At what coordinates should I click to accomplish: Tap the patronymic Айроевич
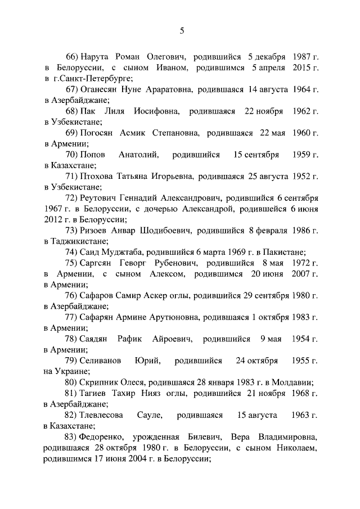pyautogui.click(x=172, y=339)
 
